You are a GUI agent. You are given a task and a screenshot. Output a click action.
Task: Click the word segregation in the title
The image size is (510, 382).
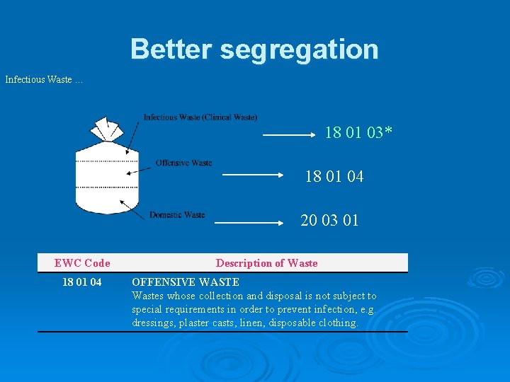[x=300, y=50]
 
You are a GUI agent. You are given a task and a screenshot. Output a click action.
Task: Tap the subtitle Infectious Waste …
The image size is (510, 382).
[x=44, y=80]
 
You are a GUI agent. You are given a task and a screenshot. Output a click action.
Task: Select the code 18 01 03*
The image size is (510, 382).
[x=358, y=132]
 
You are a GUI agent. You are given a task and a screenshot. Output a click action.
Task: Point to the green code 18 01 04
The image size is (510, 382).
[x=334, y=177]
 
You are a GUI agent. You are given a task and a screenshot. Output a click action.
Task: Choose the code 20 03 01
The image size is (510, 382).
[x=329, y=221]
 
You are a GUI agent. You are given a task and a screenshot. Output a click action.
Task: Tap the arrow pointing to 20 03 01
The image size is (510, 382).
[x=249, y=222]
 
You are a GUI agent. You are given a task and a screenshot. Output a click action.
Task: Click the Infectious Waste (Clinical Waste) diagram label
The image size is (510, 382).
[x=200, y=117]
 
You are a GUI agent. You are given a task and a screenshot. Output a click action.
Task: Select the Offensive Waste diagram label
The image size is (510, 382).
[x=183, y=163]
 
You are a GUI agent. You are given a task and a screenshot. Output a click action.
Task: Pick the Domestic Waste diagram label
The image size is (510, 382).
[x=177, y=215]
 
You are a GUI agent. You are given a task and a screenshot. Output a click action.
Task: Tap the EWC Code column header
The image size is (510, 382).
[x=82, y=263]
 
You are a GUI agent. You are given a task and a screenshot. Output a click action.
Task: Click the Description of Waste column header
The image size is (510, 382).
[x=266, y=263]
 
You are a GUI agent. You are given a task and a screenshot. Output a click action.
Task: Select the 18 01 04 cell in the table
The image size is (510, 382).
[x=82, y=282]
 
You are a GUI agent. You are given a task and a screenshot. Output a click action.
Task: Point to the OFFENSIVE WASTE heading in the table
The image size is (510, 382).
[x=186, y=282]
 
